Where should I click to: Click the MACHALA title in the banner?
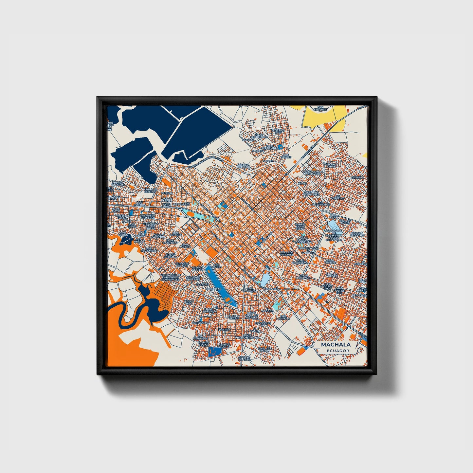[x=336, y=345]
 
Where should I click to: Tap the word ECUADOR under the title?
[x=337, y=351]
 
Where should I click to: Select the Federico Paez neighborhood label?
[x=278, y=131]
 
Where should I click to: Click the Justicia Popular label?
[x=243, y=166]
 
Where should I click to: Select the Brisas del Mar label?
[x=171, y=256]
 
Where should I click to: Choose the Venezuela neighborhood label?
[x=200, y=323]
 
